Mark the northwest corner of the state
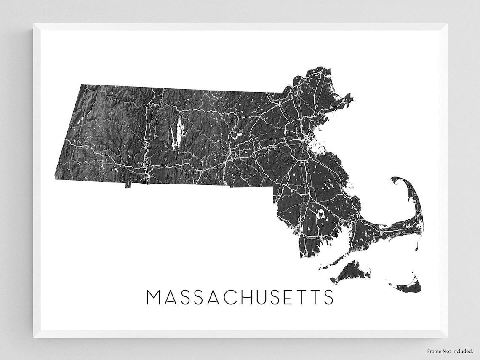tap(80, 85)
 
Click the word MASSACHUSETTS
tap(240, 297)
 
